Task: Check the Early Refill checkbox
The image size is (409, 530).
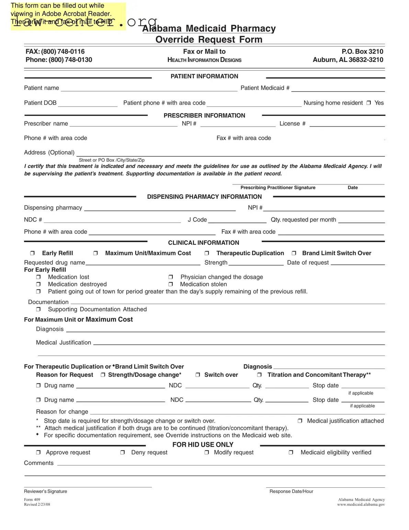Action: [x=32, y=253]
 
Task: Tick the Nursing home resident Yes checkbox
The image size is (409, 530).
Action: [x=368, y=103]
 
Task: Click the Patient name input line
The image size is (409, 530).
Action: [x=149, y=88]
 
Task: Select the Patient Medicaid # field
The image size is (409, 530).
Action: [x=338, y=88]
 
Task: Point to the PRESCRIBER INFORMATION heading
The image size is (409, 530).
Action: [x=204, y=116]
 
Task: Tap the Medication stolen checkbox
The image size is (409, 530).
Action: [x=171, y=284]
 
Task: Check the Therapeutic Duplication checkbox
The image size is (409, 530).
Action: [x=207, y=253]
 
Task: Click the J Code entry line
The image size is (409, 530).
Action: [x=237, y=220]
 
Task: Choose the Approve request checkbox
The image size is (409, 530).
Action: [x=38, y=453]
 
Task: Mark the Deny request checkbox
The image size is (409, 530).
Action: [x=123, y=453]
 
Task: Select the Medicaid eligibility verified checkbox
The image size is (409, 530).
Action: [x=291, y=453]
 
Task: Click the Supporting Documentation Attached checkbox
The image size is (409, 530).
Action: [x=38, y=310]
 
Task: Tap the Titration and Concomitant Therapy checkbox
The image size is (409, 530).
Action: [x=259, y=375]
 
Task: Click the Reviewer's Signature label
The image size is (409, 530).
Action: [x=45, y=491]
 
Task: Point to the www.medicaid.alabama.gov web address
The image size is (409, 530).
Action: [x=361, y=505]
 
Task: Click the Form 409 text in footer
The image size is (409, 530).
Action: [x=32, y=500]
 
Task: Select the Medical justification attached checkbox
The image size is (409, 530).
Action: [x=300, y=421]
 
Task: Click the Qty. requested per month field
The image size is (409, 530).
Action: [x=361, y=220]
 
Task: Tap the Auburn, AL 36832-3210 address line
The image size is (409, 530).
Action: [x=348, y=60]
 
